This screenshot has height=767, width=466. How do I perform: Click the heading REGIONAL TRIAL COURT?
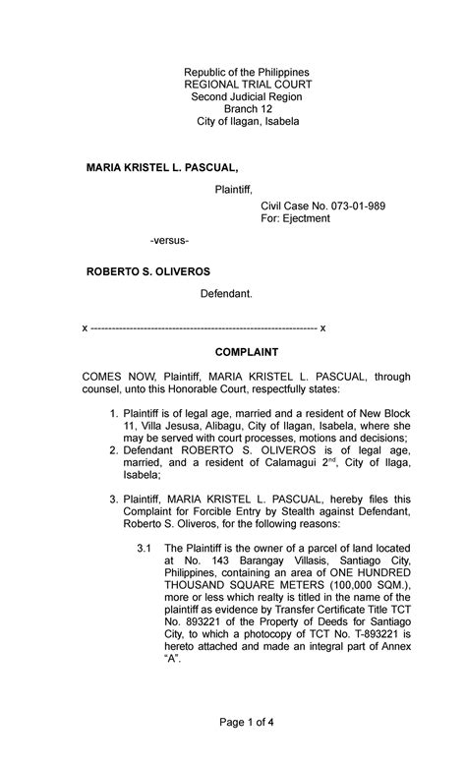tap(248, 86)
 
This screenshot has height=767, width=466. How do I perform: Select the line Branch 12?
tap(248, 109)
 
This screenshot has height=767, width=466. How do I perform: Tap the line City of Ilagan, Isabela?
tap(248, 122)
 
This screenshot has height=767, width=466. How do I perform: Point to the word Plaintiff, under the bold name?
tap(234, 189)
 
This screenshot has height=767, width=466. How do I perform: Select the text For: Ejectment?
tap(295, 218)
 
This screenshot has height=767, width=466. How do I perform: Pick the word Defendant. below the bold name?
tap(227, 294)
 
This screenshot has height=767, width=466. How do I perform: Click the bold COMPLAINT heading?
tap(248, 351)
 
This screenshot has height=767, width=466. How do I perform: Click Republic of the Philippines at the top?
tap(248, 73)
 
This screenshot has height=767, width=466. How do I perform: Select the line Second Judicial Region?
tap(248, 97)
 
